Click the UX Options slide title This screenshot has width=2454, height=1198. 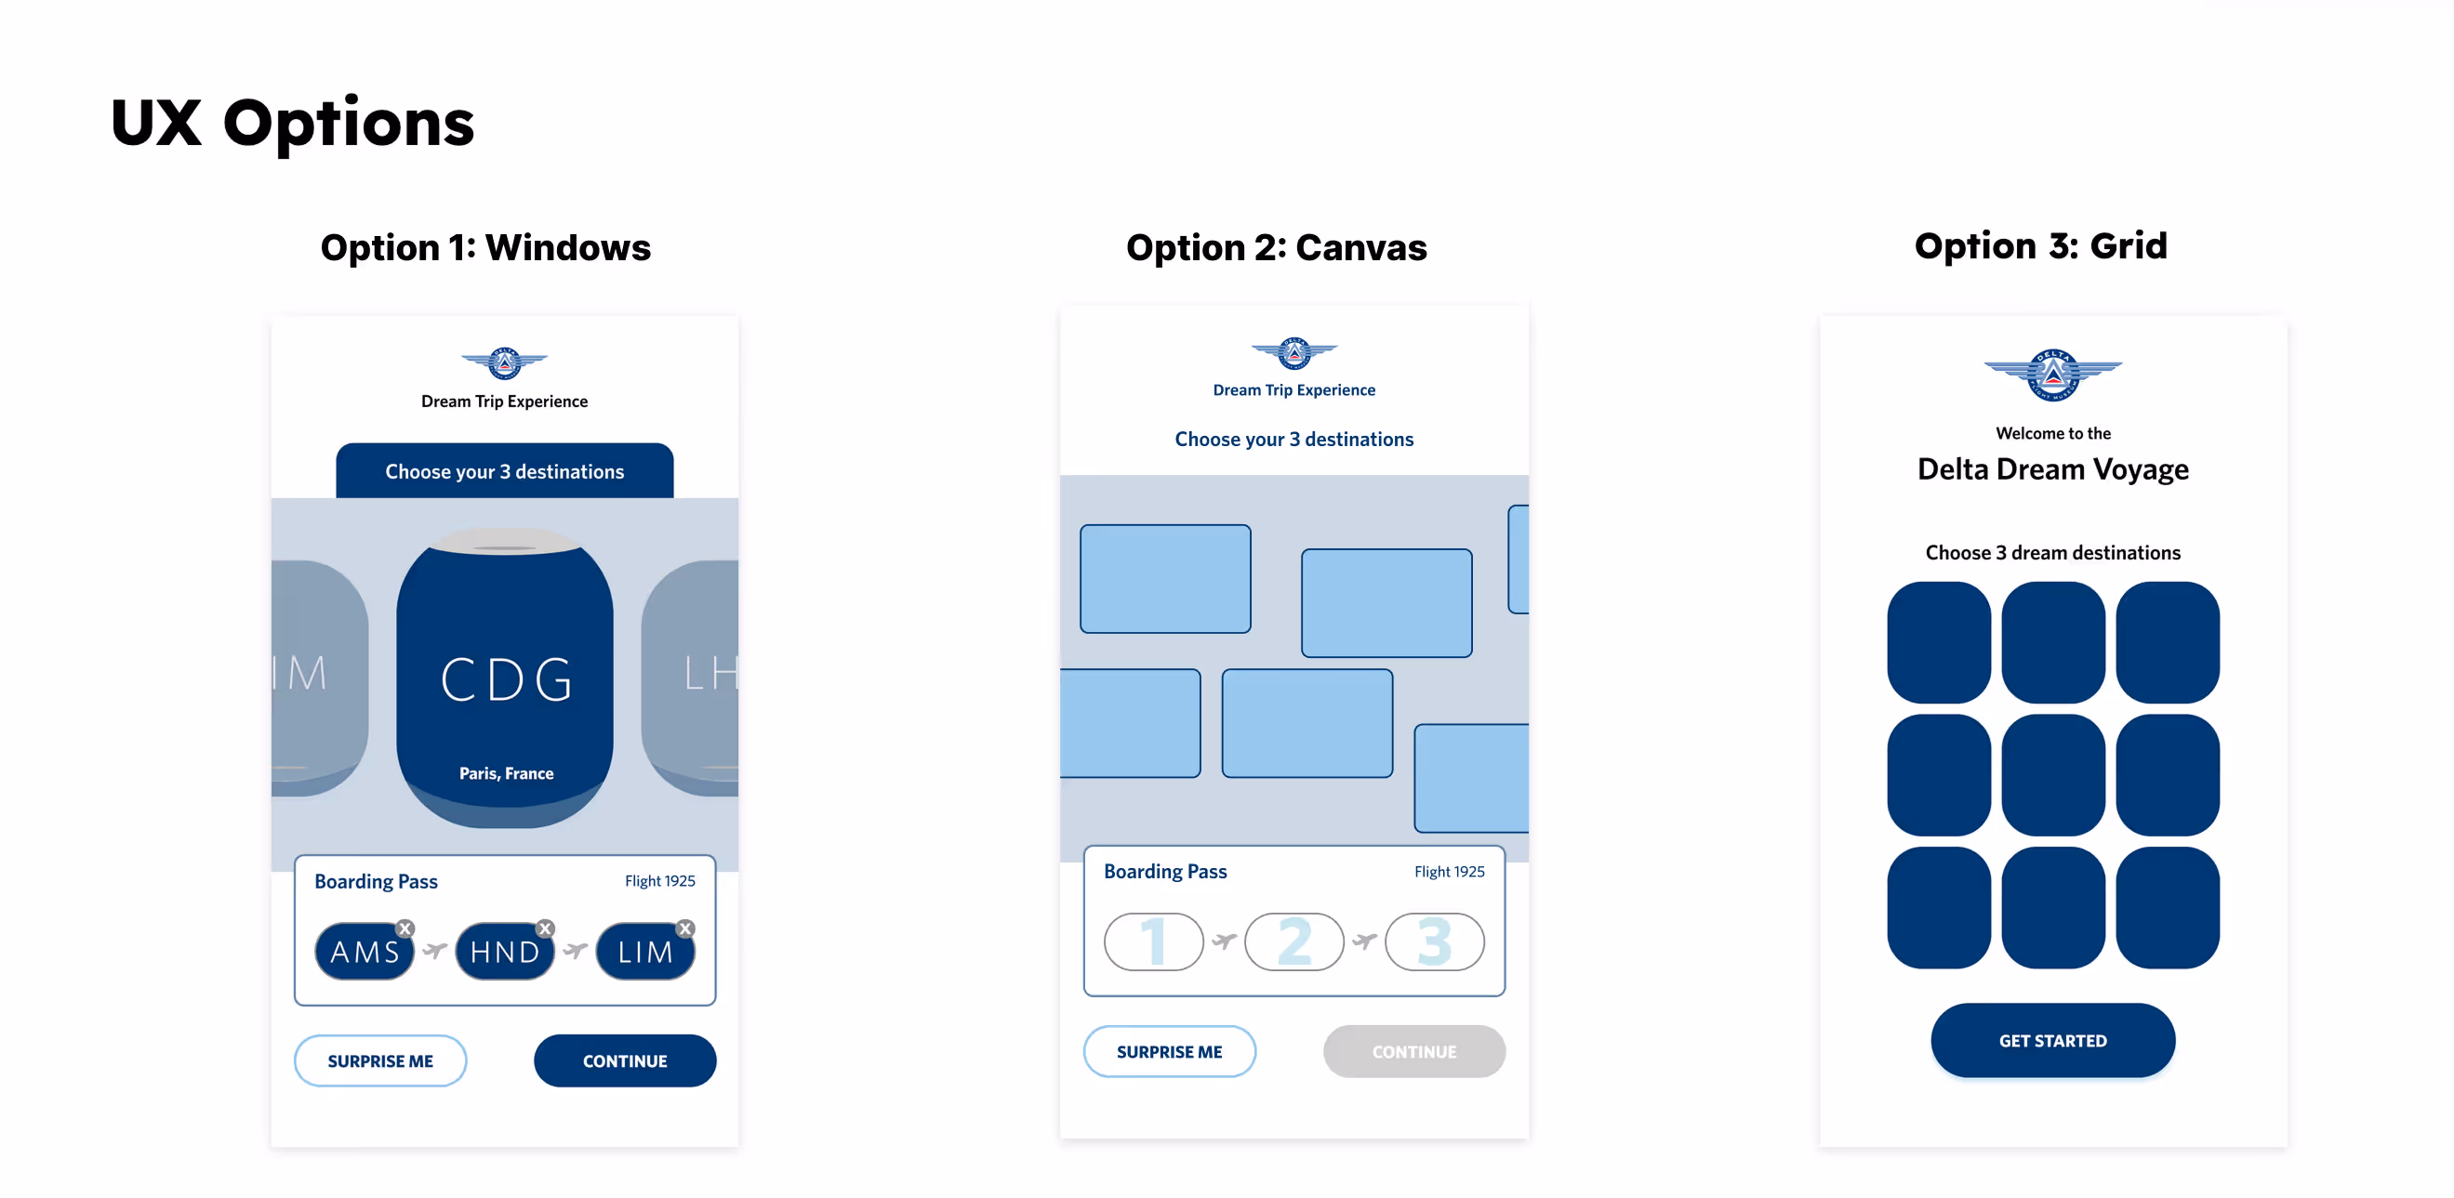click(x=293, y=123)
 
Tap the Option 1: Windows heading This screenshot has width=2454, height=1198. click(x=484, y=247)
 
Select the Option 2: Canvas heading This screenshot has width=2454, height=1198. click(x=1276, y=247)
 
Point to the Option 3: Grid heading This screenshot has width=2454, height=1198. click(x=2040, y=245)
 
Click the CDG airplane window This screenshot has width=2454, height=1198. click(x=505, y=666)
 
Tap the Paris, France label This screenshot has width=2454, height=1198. click(x=506, y=773)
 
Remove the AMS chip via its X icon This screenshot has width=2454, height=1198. click(x=405, y=928)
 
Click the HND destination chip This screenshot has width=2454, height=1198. click(x=504, y=952)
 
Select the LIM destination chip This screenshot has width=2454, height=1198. click(x=645, y=952)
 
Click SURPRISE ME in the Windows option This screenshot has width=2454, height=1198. click(x=380, y=1060)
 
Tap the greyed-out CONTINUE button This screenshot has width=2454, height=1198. click(x=1413, y=1051)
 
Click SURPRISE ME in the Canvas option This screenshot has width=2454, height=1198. click(x=1169, y=1051)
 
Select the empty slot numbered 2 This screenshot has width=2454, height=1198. click(x=1293, y=941)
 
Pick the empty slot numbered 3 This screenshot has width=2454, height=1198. click(x=1434, y=941)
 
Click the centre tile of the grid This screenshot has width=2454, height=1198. click(x=2053, y=775)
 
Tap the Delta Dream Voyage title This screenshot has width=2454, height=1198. click(x=2053, y=469)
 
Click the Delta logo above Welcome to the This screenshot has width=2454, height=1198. click(x=2053, y=375)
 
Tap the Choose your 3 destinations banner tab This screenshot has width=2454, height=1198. click(x=504, y=471)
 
